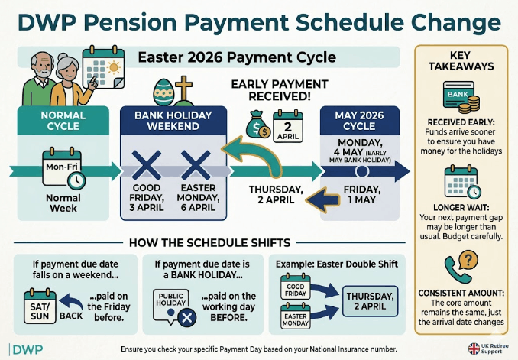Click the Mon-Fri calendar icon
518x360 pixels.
63,169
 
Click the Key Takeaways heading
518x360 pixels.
461,65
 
